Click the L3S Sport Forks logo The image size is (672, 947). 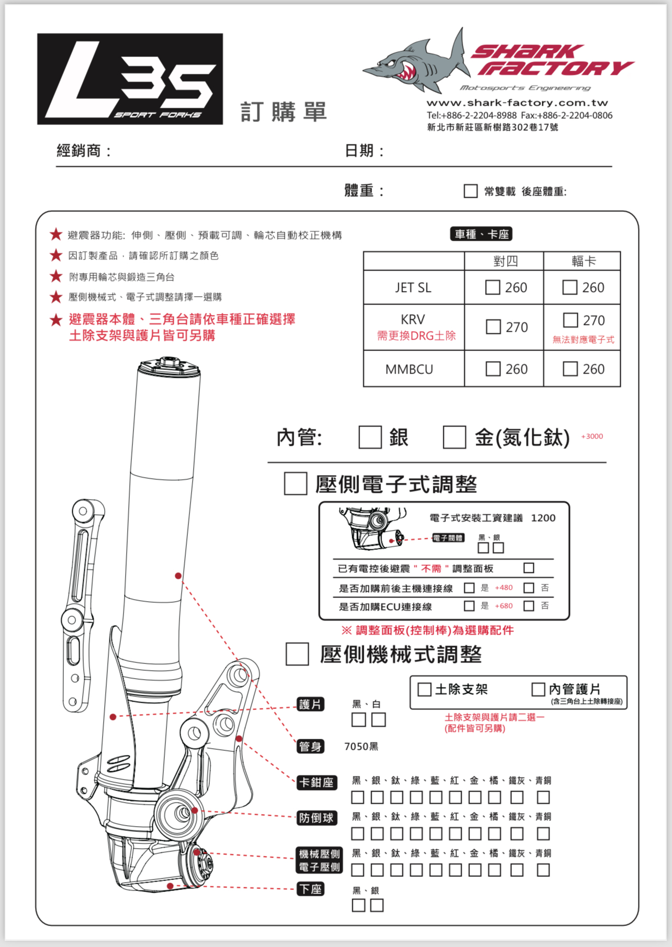[130, 79]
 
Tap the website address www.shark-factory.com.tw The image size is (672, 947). [517, 103]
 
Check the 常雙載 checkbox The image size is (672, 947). [471, 191]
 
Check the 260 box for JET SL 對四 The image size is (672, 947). [492, 287]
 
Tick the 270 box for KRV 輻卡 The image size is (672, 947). [570, 320]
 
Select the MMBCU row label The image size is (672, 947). [409, 369]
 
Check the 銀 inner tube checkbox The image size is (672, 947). [369, 437]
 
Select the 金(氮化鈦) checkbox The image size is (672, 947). [454, 437]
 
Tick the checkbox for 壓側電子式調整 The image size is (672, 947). [295, 483]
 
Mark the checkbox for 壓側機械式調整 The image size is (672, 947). [297, 654]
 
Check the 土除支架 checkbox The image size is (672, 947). [424, 689]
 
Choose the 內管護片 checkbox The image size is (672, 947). [538, 689]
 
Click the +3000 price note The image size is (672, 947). [592, 436]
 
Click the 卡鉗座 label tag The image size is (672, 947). [316, 782]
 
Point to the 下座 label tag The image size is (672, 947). [310, 889]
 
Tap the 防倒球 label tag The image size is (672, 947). [316, 818]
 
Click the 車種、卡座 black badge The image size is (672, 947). [481, 234]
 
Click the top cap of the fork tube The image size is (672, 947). [169, 365]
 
